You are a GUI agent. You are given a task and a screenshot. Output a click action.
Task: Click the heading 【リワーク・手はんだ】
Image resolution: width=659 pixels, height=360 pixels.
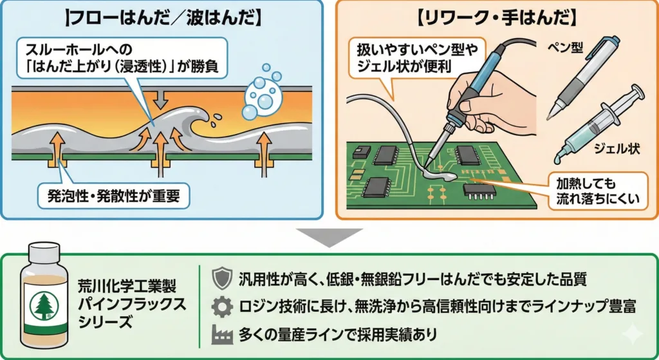496,17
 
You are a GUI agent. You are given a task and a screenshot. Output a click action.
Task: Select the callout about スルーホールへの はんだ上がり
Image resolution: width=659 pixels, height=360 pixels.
116,57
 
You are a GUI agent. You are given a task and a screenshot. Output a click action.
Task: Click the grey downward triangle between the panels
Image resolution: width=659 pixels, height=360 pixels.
329,236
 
